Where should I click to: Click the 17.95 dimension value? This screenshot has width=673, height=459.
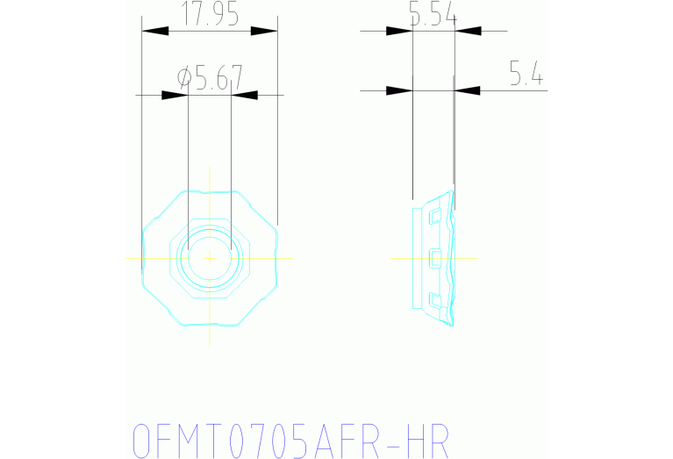click(x=210, y=14)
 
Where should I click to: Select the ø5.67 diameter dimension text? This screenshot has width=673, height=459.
click(x=210, y=78)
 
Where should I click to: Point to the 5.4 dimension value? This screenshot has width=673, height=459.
click(x=526, y=75)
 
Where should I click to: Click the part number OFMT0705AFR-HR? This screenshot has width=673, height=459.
click(x=290, y=441)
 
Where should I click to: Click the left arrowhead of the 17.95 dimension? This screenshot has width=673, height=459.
click(x=155, y=31)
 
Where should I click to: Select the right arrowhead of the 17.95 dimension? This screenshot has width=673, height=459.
click(x=264, y=31)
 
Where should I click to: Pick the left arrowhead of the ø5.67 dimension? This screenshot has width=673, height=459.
click(x=175, y=95)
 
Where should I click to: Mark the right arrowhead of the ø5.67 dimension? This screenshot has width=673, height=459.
click(x=244, y=95)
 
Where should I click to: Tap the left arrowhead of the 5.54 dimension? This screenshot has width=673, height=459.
click(x=399, y=31)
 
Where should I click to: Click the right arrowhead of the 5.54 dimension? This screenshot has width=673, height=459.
click(x=469, y=31)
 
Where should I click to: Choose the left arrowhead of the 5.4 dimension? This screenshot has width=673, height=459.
click(x=399, y=90)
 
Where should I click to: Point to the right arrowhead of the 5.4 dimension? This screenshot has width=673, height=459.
click(x=468, y=90)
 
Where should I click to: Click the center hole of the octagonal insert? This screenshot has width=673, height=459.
click(x=209, y=258)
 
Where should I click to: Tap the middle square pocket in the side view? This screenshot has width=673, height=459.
click(x=432, y=258)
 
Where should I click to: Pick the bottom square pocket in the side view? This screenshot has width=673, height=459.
click(x=432, y=300)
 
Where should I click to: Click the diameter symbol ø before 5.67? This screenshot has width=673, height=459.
click(x=184, y=78)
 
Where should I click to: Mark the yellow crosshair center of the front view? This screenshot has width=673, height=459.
click(x=209, y=258)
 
